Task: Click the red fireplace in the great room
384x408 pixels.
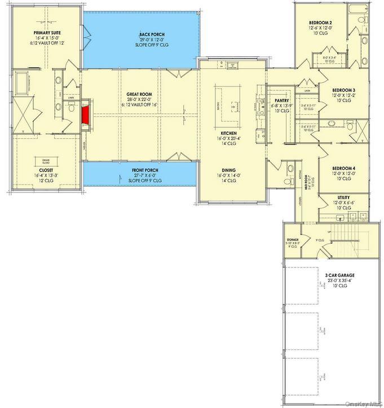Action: point(86,115)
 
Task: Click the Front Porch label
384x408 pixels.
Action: point(145,170)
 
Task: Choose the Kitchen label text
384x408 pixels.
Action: point(229,133)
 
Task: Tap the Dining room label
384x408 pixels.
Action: point(228,170)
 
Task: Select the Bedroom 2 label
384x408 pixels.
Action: point(320,23)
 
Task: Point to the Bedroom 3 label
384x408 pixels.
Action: point(343,90)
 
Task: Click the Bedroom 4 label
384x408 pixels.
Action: point(343,168)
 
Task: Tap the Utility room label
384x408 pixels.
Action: point(343,197)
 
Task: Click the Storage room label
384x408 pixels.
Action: point(292,240)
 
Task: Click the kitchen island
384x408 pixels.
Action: point(232,104)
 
